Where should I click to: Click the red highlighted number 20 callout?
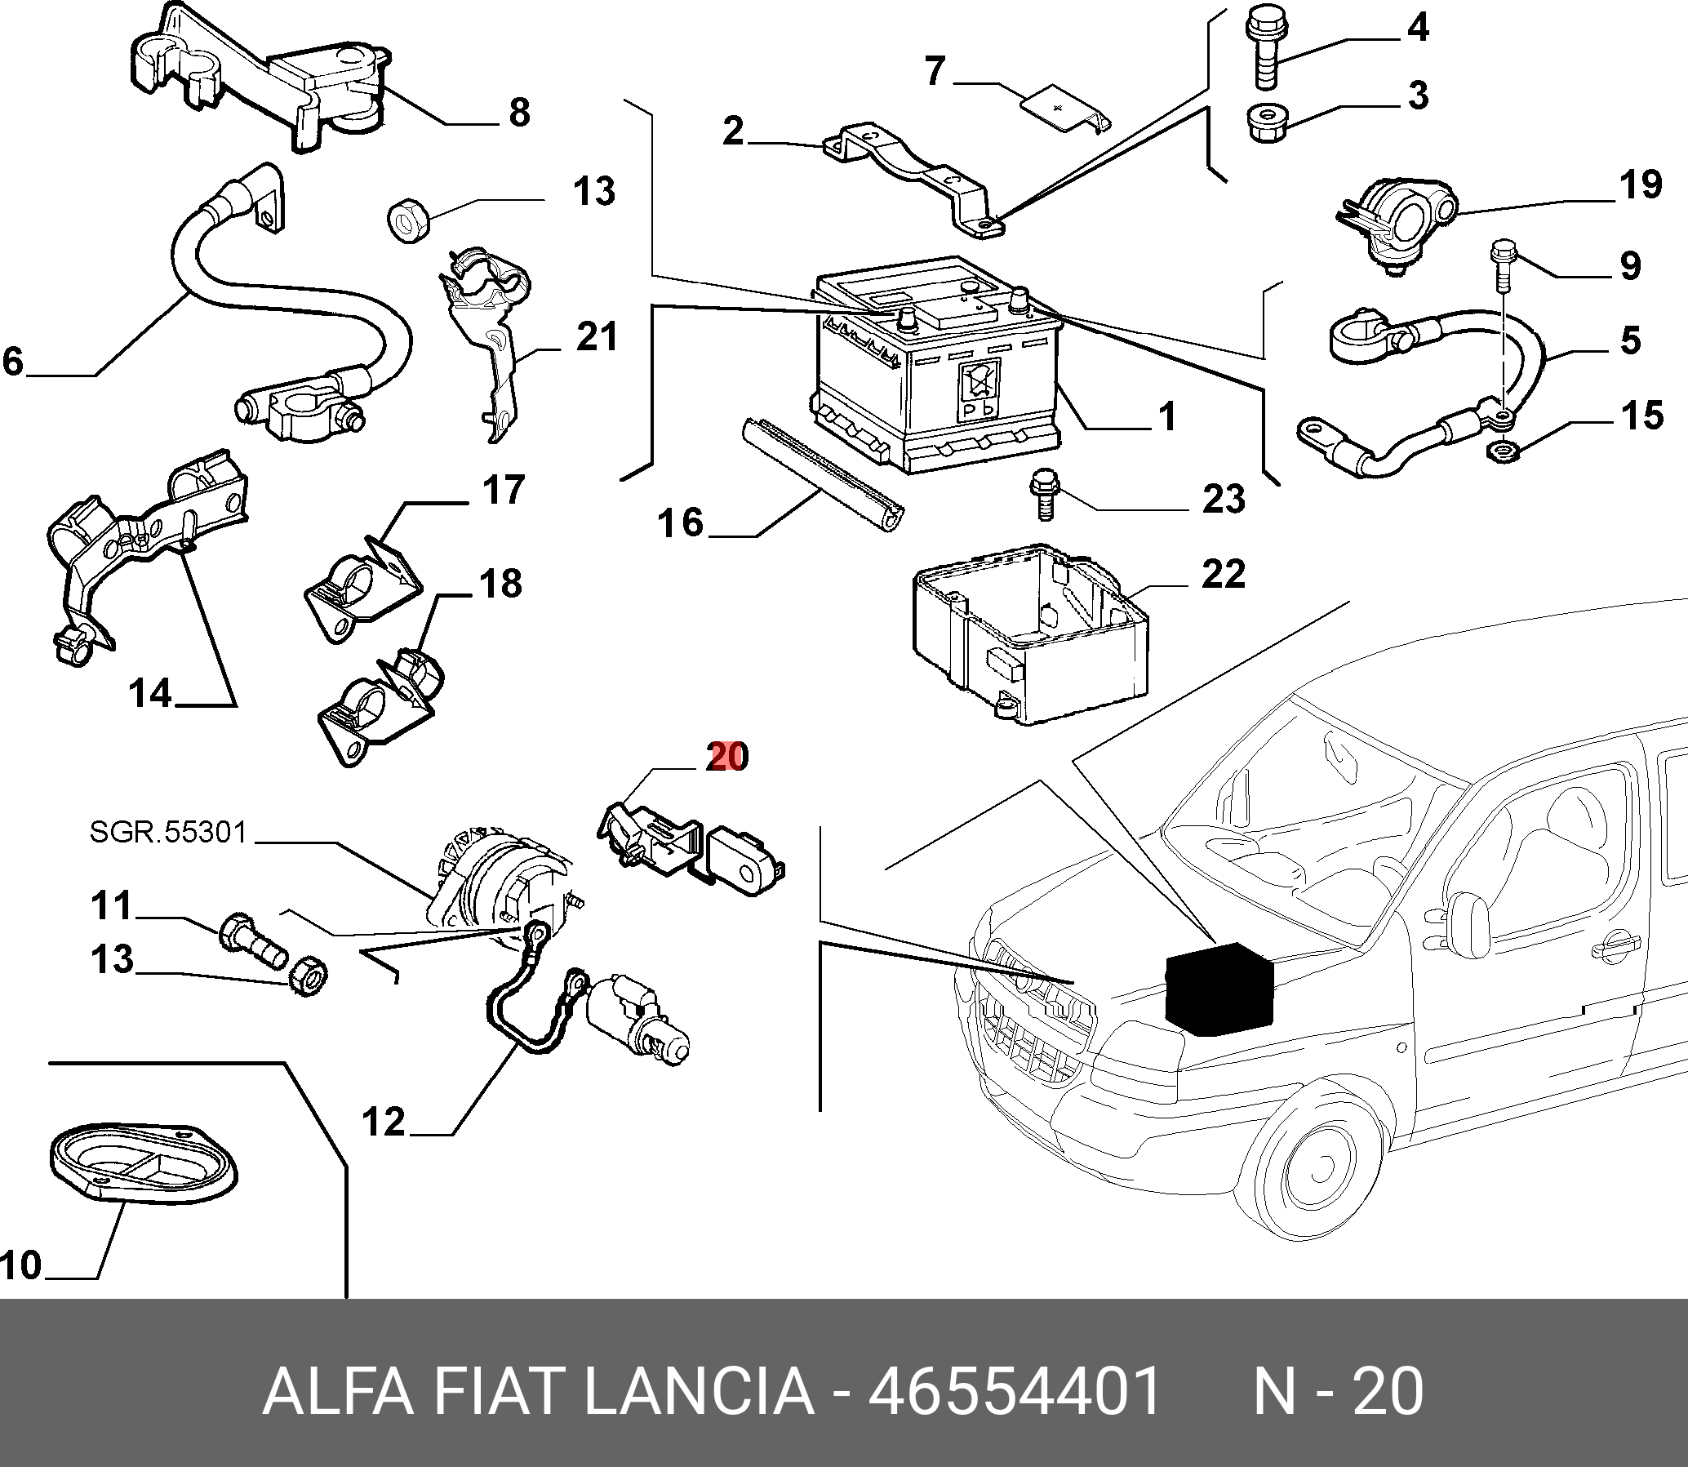[727, 757]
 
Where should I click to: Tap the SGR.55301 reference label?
[168, 833]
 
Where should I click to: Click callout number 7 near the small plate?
[935, 71]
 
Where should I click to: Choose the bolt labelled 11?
[251, 940]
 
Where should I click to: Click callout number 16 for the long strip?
[680, 522]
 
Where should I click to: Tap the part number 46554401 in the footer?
[1015, 1391]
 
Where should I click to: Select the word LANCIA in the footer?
[699, 1391]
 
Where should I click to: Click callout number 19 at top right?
[1641, 184]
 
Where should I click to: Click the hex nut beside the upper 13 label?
[403, 222]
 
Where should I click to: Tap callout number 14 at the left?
[150, 693]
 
